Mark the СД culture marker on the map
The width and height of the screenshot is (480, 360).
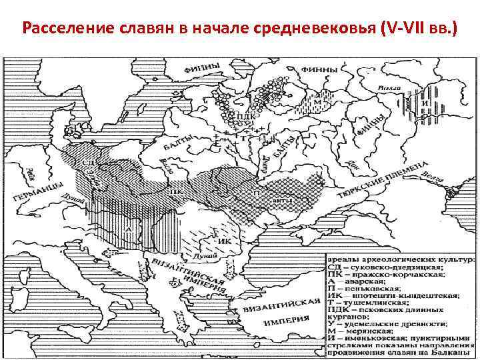[87, 161]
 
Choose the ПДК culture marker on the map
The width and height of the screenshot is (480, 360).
[245, 115]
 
